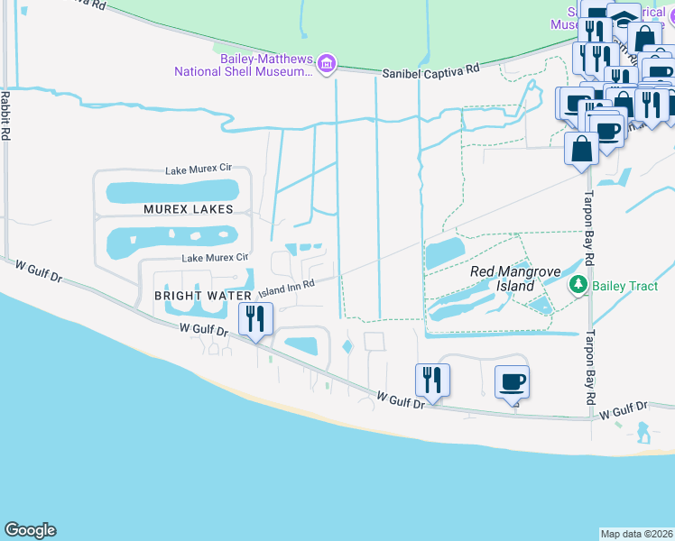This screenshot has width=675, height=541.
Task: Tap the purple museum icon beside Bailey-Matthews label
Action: [327, 63]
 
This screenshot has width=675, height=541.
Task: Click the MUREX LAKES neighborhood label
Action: [188, 209]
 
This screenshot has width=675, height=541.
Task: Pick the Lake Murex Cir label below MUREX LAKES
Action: [216, 258]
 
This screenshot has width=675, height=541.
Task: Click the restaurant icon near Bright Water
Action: [255, 318]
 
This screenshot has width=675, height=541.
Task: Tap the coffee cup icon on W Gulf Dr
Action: [512, 381]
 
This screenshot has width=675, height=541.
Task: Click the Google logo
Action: [30, 530]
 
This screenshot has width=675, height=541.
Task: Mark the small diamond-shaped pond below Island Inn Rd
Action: [347, 346]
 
